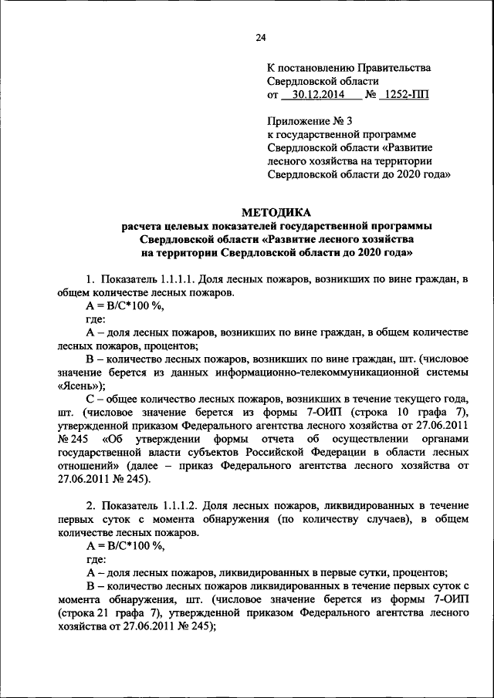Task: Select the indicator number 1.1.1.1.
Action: (x=183, y=278)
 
